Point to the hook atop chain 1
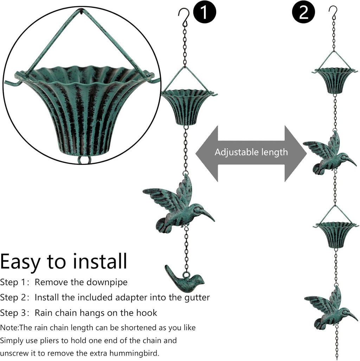pyautogui.click(x=184, y=15)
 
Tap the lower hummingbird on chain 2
pyautogui.click(x=330, y=308)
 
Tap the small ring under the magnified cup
pyautogui.click(x=84, y=160)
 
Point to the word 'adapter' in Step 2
pyautogui.click(x=132, y=297)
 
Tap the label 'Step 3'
pyautogui.click(x=14, y=312)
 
